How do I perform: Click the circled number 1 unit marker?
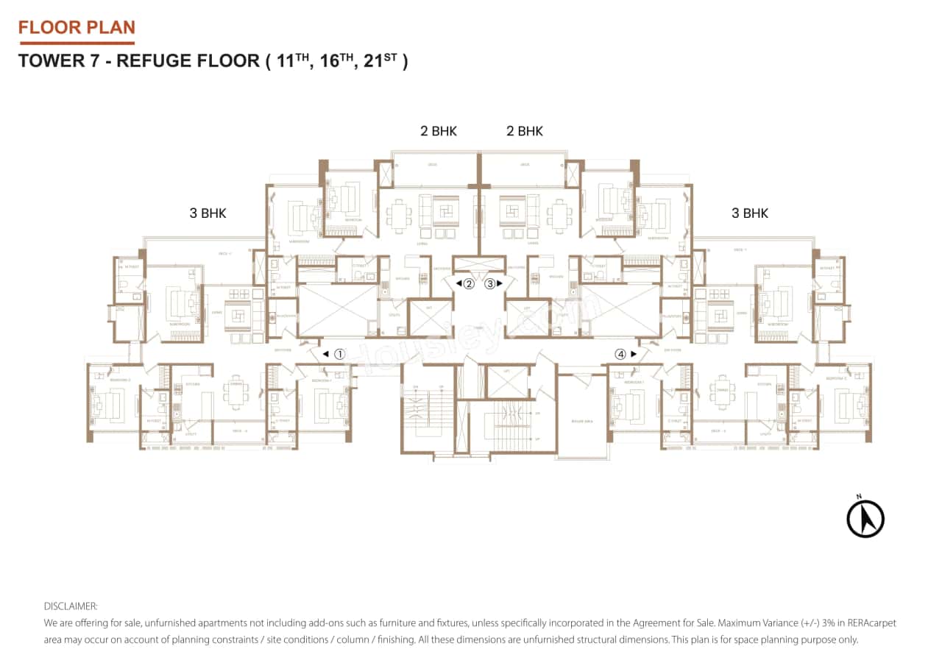coord(339,354)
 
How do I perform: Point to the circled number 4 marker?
coord(621,354)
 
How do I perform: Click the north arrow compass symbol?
coord(865,518)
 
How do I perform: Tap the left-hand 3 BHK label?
coord(208,213)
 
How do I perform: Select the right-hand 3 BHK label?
coord(750,213)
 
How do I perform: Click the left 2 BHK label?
coord(439,131)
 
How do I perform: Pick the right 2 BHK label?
coord(525,131)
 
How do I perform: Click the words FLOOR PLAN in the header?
coord(77,28)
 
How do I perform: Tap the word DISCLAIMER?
coord(71,606)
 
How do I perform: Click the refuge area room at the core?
coord(581,419)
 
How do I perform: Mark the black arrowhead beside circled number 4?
coord(633,354)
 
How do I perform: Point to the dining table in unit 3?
coord(559,213)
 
